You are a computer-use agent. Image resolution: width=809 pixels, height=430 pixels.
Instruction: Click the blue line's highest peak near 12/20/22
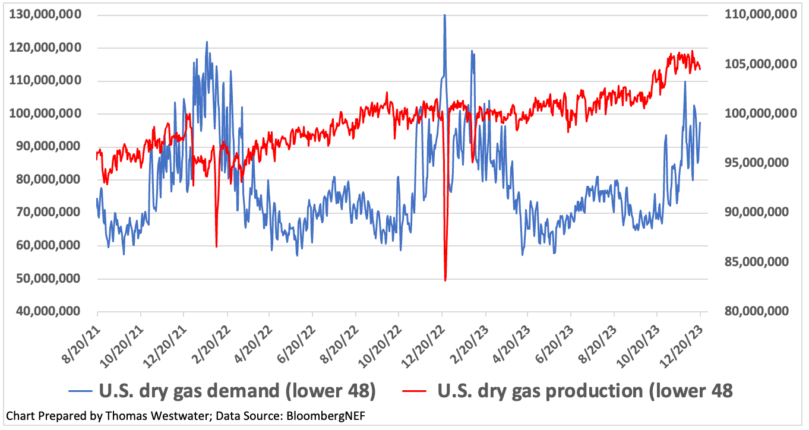tap(444, 15)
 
